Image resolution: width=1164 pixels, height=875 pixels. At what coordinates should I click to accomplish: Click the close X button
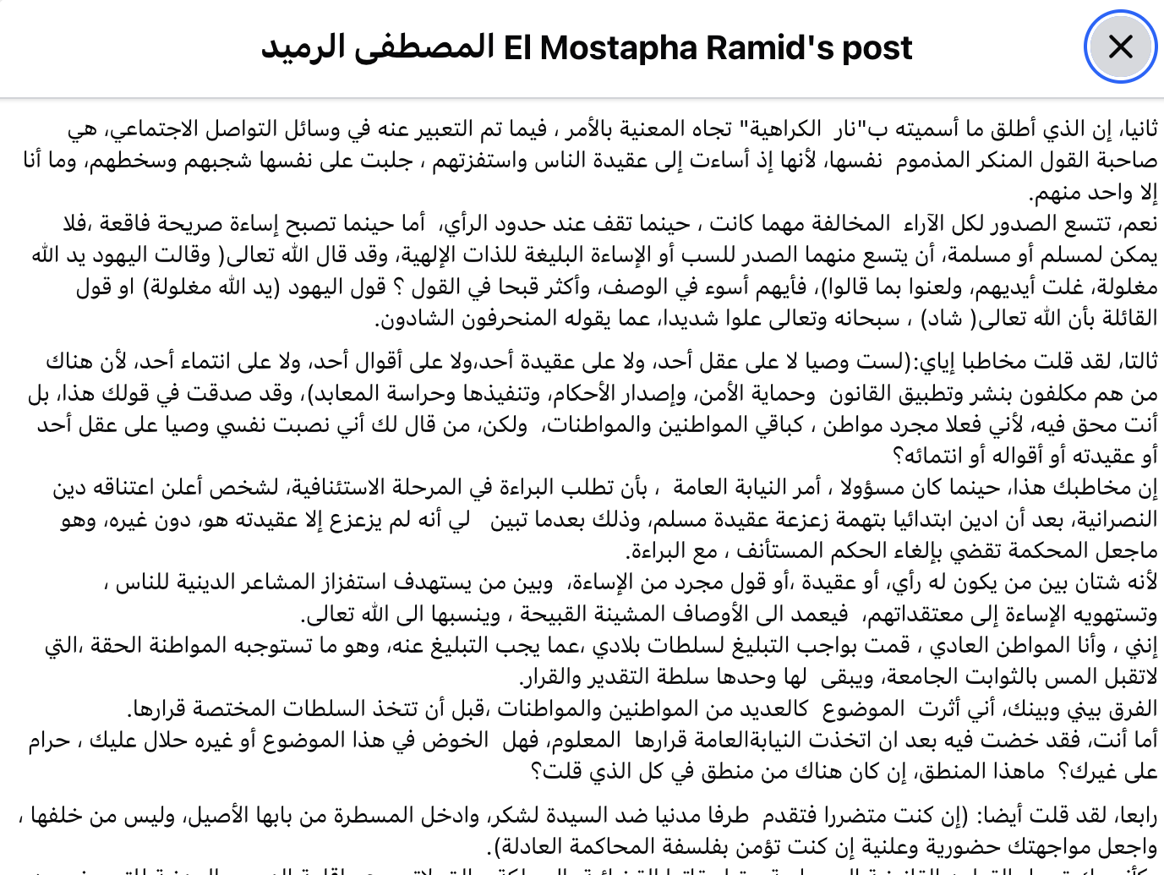(x=1120, y=46)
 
